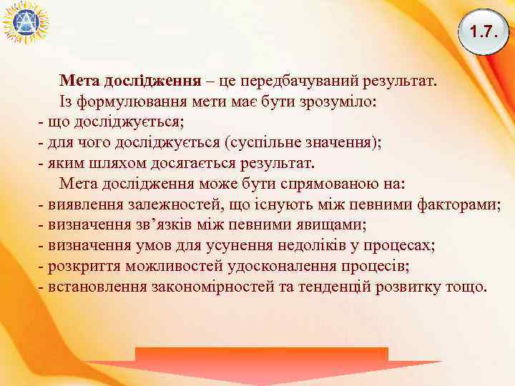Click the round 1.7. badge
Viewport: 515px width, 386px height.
(483, 32)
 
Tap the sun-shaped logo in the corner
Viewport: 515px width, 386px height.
(24, 24)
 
